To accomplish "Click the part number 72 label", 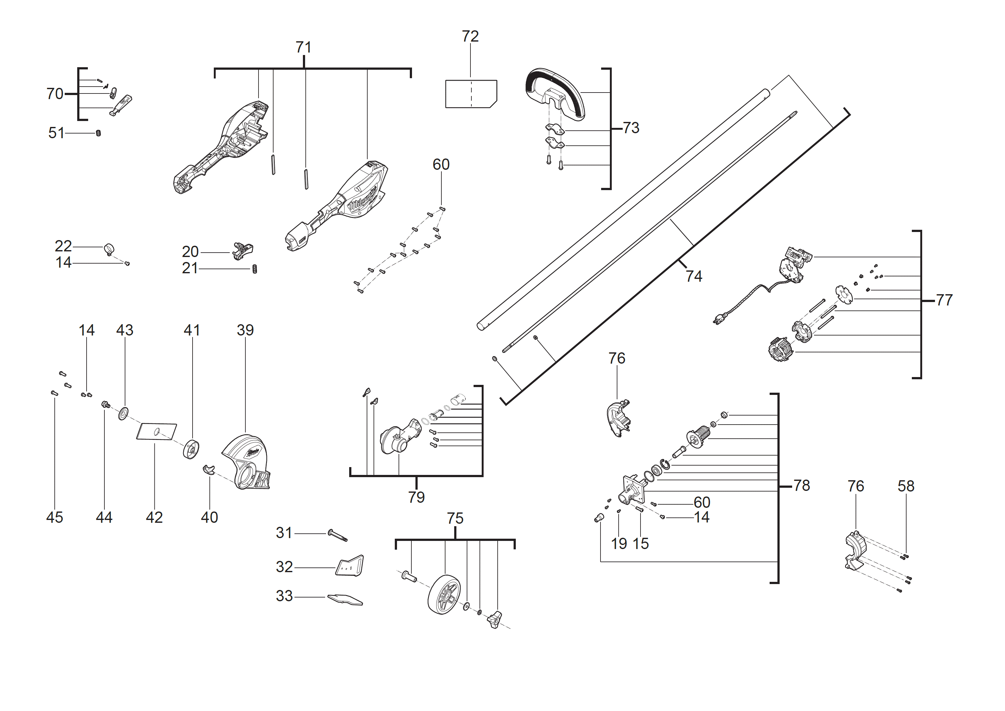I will (x=470, y=36).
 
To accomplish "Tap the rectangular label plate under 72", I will (x=470, y=94).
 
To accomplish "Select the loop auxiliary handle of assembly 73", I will (x=555, y=92).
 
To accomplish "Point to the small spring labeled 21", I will (x=255, y=269).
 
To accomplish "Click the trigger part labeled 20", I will (x=243, y=251).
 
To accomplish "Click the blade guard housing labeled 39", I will (x=245, y=462).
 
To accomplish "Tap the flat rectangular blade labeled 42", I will (x=156, y=431).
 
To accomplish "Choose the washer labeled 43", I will (x=123, y=413).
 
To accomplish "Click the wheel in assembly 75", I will (x=444, y=594).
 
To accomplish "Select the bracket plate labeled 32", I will (x=350, y=566).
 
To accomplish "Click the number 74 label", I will (x=694, y=276).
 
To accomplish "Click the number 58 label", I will (x=906, y=486).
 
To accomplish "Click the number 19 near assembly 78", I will (x=619, y=543).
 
